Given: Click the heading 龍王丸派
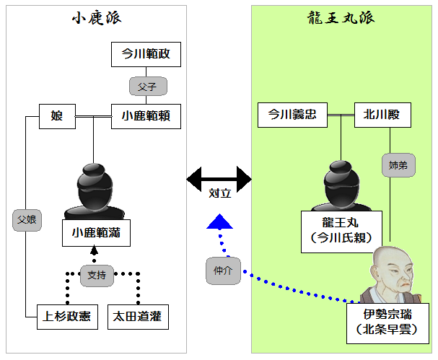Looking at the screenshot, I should tap(338, 19).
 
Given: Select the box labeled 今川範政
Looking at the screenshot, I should tap(145, 54).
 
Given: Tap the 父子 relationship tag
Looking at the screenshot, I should tap(148, 85).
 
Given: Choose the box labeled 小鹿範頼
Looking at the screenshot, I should tap(145, 115).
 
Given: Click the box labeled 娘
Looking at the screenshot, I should tap(57, 115).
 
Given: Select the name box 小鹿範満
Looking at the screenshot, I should tap(95, 233).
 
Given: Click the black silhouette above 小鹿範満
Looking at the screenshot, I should tap(95, 188).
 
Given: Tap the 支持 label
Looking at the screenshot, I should tap(96, 275).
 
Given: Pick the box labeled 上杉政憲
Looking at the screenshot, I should tap(66, 316).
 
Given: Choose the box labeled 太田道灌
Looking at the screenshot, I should tap(136, 316).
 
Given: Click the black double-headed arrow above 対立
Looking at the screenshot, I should tap(219, 177).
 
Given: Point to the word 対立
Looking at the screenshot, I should tap(219, 195).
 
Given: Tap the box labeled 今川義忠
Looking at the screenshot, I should tap(292, 115).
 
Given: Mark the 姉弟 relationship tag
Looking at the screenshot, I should tap(397, 167).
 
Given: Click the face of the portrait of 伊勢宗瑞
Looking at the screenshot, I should tap(391, 271).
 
